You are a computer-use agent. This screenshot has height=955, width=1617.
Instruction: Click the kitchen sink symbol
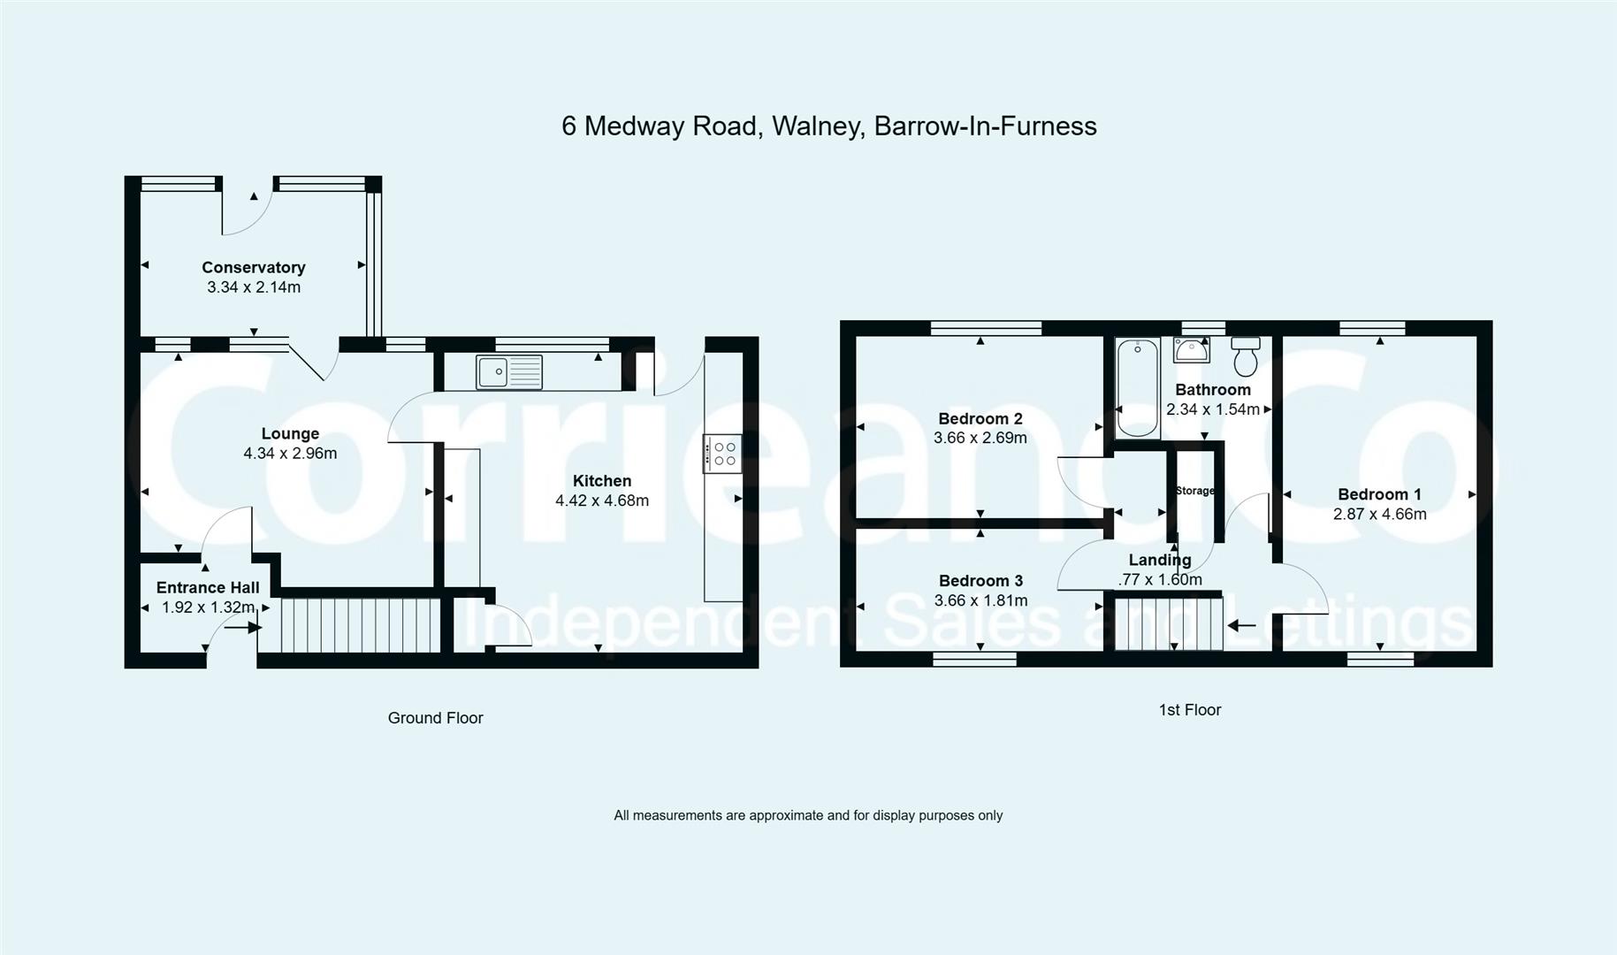pos(508,371)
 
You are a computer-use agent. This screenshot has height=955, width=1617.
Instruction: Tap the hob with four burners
pos(722,454)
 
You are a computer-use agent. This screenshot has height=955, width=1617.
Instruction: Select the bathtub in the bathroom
pos(1138,387)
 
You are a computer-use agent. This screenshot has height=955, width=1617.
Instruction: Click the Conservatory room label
pos(254,267)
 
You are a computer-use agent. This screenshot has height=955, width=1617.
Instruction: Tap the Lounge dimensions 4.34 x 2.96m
pos(290,454)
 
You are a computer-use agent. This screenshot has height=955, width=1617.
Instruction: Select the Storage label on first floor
pos(1194,491)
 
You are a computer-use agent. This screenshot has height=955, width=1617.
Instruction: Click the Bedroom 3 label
pos(980,581)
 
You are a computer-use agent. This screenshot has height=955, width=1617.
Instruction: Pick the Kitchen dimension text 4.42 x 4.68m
pos(602,500)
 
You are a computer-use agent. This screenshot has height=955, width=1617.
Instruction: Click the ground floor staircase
pos(361,625)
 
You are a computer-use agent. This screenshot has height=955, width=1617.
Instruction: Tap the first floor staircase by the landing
pos(1168,624)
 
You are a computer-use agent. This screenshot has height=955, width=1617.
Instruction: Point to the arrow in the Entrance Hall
pos(242,627)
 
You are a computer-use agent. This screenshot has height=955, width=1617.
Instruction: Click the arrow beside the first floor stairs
pos(1242,625)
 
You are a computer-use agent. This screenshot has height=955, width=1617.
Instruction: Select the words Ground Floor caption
pos(435,718)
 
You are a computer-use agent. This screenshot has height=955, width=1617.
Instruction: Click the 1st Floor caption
pos(1189,710)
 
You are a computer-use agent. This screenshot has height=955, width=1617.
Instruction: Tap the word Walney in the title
pos(817,126)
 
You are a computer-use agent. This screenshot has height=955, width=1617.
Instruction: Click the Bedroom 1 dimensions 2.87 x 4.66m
pos(1379,515)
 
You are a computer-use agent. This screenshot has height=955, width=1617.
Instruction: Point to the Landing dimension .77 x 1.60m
pos(1159,580)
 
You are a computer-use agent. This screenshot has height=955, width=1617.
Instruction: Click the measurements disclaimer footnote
pos(807,815)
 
